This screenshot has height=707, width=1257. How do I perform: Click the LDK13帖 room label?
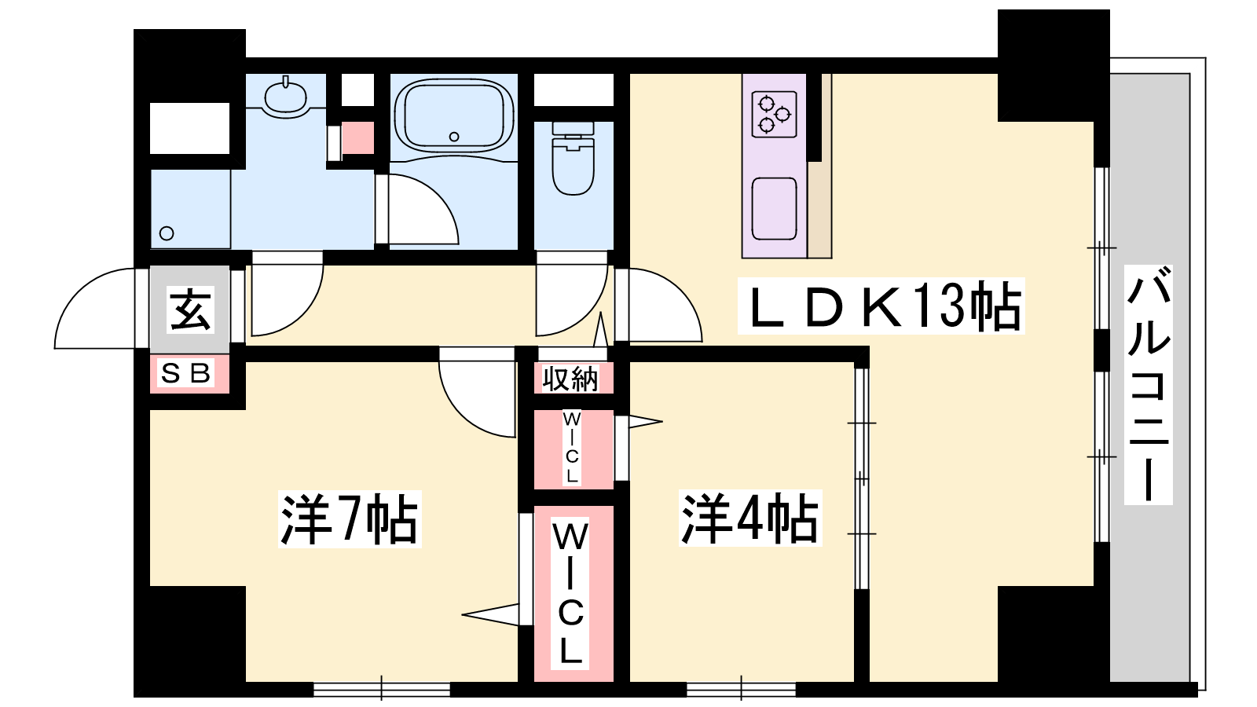(881, 306)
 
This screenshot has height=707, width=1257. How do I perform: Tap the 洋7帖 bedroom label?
(350, 519)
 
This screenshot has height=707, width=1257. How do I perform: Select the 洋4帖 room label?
(750, 518)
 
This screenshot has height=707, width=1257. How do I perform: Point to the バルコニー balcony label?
(1149, 384)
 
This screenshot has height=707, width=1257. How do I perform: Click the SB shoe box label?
(185, 372)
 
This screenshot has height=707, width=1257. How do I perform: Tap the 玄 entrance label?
(191, 310)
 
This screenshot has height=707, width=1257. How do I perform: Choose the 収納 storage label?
(570, 379)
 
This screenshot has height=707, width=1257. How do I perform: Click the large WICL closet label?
(570, 595)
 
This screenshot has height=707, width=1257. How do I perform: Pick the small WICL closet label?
(571, 447)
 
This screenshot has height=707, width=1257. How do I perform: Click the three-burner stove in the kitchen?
(775, 114)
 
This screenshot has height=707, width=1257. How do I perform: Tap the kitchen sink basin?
(775, 209)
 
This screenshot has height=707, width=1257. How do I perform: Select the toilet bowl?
(573, 159)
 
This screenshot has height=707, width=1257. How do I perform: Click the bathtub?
(454, 117)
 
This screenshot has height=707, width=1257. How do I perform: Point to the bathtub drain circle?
(454, 137)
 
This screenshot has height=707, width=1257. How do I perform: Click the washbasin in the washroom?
(286, 97)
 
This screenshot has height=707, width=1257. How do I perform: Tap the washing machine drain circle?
(167, 233)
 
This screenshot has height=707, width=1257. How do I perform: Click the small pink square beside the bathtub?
(358, 137)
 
